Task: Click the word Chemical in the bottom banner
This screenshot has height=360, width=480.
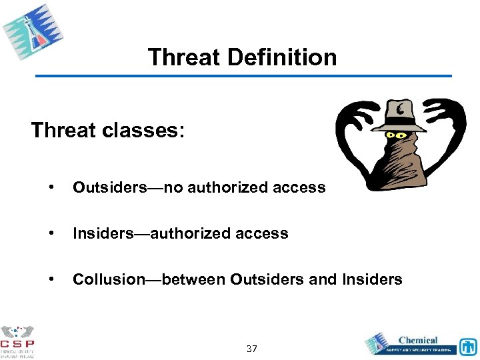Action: pos(417,340)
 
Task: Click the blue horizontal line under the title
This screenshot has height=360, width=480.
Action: pos(243,76)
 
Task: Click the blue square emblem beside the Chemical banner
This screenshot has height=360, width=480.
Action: pos(467,345)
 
